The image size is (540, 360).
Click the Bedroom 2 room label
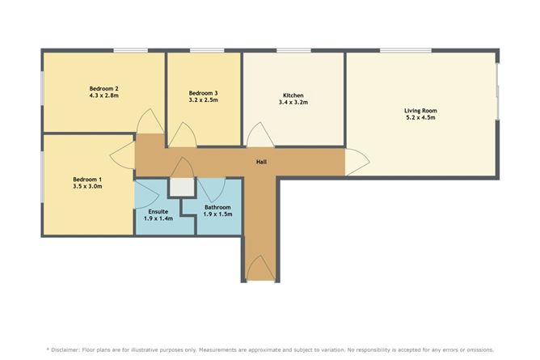104,88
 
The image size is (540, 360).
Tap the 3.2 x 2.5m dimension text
203,100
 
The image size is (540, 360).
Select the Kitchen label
293,95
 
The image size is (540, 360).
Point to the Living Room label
420,111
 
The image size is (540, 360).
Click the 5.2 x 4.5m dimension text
420,117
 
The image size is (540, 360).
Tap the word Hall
261,162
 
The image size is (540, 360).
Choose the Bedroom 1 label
87,180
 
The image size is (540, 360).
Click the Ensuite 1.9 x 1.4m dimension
158,218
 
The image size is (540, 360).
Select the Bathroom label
217,207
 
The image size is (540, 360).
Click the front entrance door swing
261,268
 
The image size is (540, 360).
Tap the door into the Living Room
357,162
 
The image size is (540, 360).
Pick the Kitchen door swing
260,135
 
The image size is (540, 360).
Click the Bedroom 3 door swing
183,135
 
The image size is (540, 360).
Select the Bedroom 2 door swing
150,121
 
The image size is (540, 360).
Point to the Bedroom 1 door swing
122,155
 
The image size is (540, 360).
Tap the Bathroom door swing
212,190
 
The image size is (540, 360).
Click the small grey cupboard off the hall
182,187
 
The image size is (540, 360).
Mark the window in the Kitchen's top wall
293,51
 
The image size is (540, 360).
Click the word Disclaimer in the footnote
65,349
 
